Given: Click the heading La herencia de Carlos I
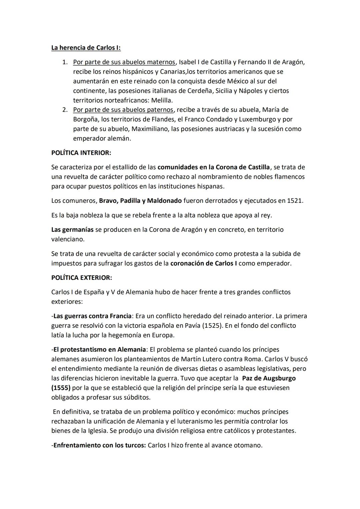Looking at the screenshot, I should click(x=86, y=48).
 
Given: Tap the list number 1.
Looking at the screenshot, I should click(x=65, y=62).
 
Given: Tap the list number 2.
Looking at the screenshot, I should click(x=65, y=110).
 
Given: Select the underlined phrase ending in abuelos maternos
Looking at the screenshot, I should click(x=124, y=62).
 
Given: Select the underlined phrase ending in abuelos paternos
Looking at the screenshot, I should click(x=123, y=110).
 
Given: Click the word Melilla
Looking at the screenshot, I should click(x=162, y=100).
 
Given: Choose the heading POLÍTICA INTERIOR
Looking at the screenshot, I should click(x=81, y=153).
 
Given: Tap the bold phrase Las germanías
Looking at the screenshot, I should click(x=72, y=230).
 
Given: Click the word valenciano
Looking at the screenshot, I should click(x=68, y=239).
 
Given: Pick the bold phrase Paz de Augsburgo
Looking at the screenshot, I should click(x=269, y=378).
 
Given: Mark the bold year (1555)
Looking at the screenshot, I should click(x=61, y=388).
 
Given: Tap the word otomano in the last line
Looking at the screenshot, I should click(x=249, y=445).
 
